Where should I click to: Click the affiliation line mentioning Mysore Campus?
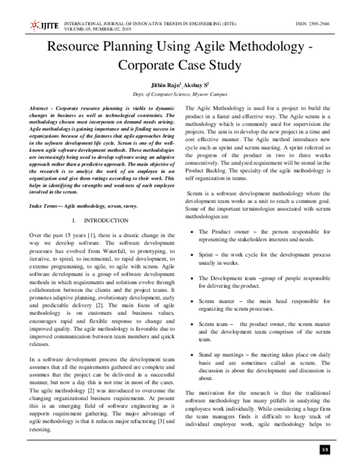pos(179,95)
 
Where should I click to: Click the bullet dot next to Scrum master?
pos(190,299)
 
